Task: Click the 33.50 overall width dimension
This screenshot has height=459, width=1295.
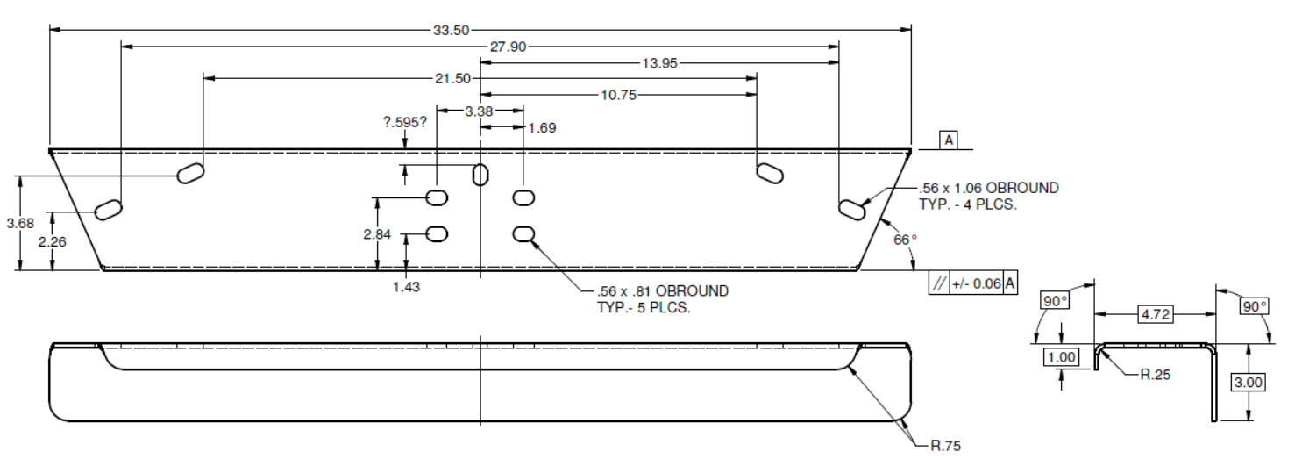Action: pyautogui.click(x=451, y=29)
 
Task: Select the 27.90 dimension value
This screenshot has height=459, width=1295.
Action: pyautogui.click(x=508, y=47)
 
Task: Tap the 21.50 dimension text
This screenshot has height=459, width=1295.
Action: pyautogui.click(x=452, y=78)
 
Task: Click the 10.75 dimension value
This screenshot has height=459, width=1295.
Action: pyautogui.click(x=618, y=95)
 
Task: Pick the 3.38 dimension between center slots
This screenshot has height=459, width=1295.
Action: pyautogui.click(x=479, y=111)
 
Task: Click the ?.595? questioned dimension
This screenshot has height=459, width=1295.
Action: pyautogui.click(x=405, y=122)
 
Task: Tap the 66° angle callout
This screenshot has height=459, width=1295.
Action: pyautogui.click(x=905, y=239)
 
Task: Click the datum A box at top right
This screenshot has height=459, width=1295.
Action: pyautogui.click(x=948, y=140)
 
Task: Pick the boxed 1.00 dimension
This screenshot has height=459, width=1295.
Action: pyautogui.click(x=1062, y=356)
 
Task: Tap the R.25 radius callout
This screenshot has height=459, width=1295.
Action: pyautogui.click(x=1156, y=374)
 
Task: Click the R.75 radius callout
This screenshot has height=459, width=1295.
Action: pyautogui.click(x=945, y=446)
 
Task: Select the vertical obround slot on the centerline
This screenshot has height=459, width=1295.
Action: pyautogui.click(x=480, y=175)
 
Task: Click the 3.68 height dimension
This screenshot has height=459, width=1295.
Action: pyautogui.click(x=20, y=223)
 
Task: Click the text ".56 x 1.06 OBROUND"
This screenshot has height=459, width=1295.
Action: pyautogui.click(x=988, y=188)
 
